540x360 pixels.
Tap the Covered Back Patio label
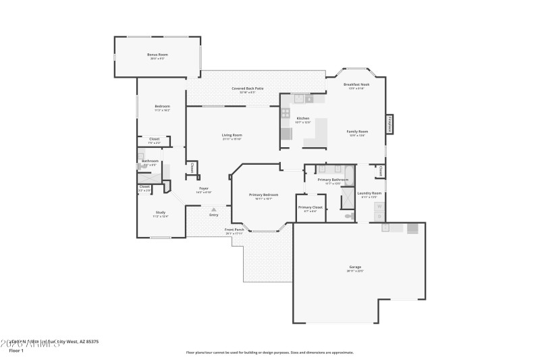(247, 88)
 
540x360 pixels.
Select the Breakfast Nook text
(356, 84)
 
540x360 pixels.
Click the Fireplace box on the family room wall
(390, 124)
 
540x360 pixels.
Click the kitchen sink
(308, 99)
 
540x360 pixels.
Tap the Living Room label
(232, 135)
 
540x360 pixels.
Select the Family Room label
(357, 131)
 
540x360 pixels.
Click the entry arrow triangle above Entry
(214, 209)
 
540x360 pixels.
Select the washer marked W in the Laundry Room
(379, 207)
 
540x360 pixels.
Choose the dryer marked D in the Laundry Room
(379, 217)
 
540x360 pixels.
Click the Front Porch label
(234, 230)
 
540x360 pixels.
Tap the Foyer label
(203, 188)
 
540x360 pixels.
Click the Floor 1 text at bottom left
(16, 351)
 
